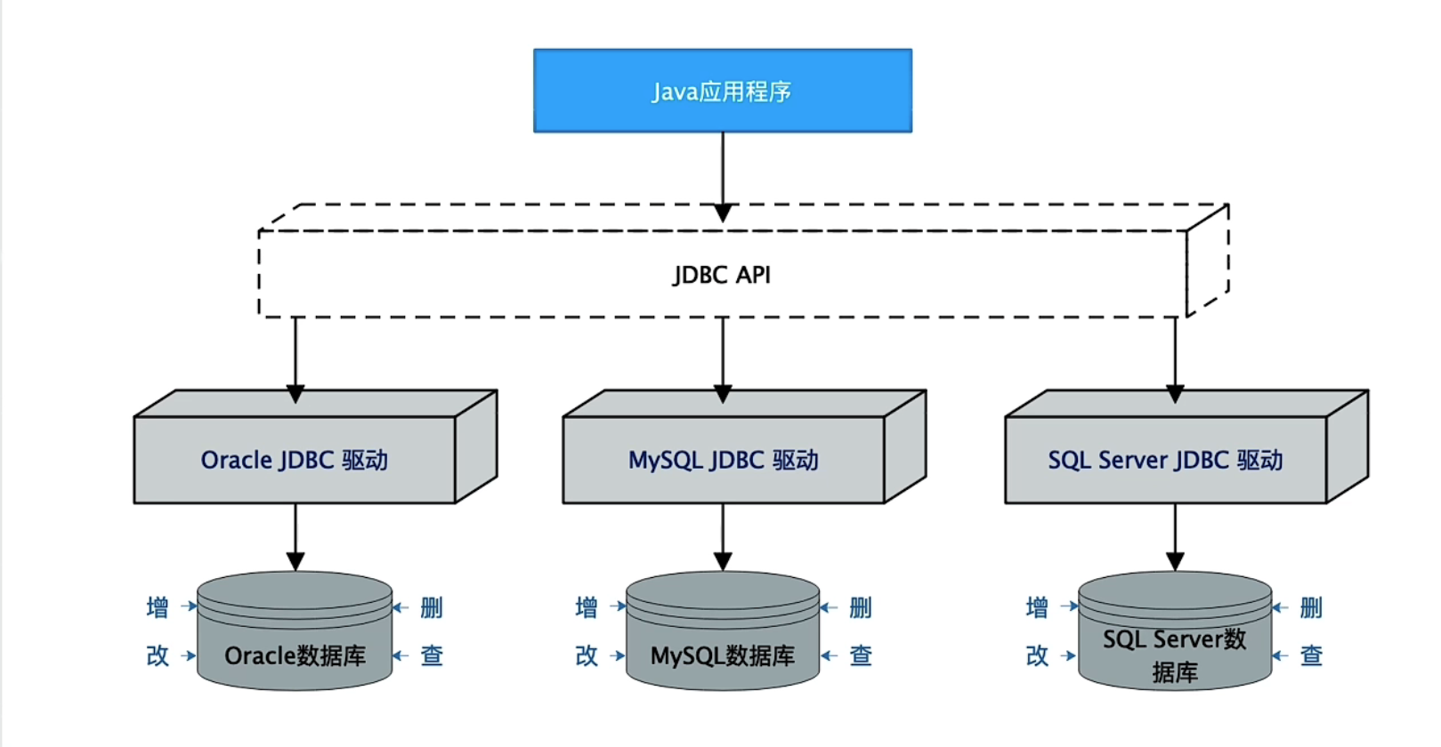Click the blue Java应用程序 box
coord(722,91)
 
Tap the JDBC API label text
coord(722,275)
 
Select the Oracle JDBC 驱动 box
coord(295,460)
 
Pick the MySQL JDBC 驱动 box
coord(723,460)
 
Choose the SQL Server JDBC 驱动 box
coord(1165,460)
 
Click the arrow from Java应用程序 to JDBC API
coord(723,173)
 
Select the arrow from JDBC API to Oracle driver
coord(295,356)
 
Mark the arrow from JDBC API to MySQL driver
coord(723,356)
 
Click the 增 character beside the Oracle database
coord(158,607)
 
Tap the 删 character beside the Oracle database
coord(432,607)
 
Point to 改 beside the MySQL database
coord(587,655)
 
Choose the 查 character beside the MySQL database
coord(861,655)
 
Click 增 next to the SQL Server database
coord(1037,607)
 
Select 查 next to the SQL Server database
coord(1311,655)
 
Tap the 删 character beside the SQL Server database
coord(1311,607)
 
